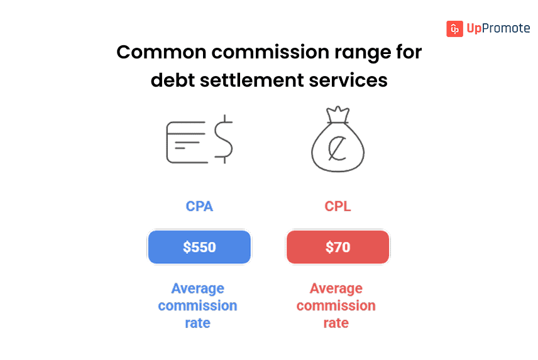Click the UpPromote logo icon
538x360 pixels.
pos(454,29)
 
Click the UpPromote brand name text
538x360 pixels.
pos(498,29)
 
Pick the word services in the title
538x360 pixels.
pos(353,80)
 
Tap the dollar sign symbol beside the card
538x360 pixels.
pos(223,140)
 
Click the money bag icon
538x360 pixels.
pos(338,146)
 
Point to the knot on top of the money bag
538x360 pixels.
pos(338,115)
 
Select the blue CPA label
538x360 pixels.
pos(199,206)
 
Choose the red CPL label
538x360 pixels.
pos(338,206)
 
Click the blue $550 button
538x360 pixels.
pos(199,247)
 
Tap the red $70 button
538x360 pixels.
pos(338,247)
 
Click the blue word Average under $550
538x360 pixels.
pos(197,289)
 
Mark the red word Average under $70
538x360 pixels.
pos(336,289)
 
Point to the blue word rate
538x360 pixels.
pos(197,324)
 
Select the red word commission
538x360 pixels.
pos(336,306)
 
